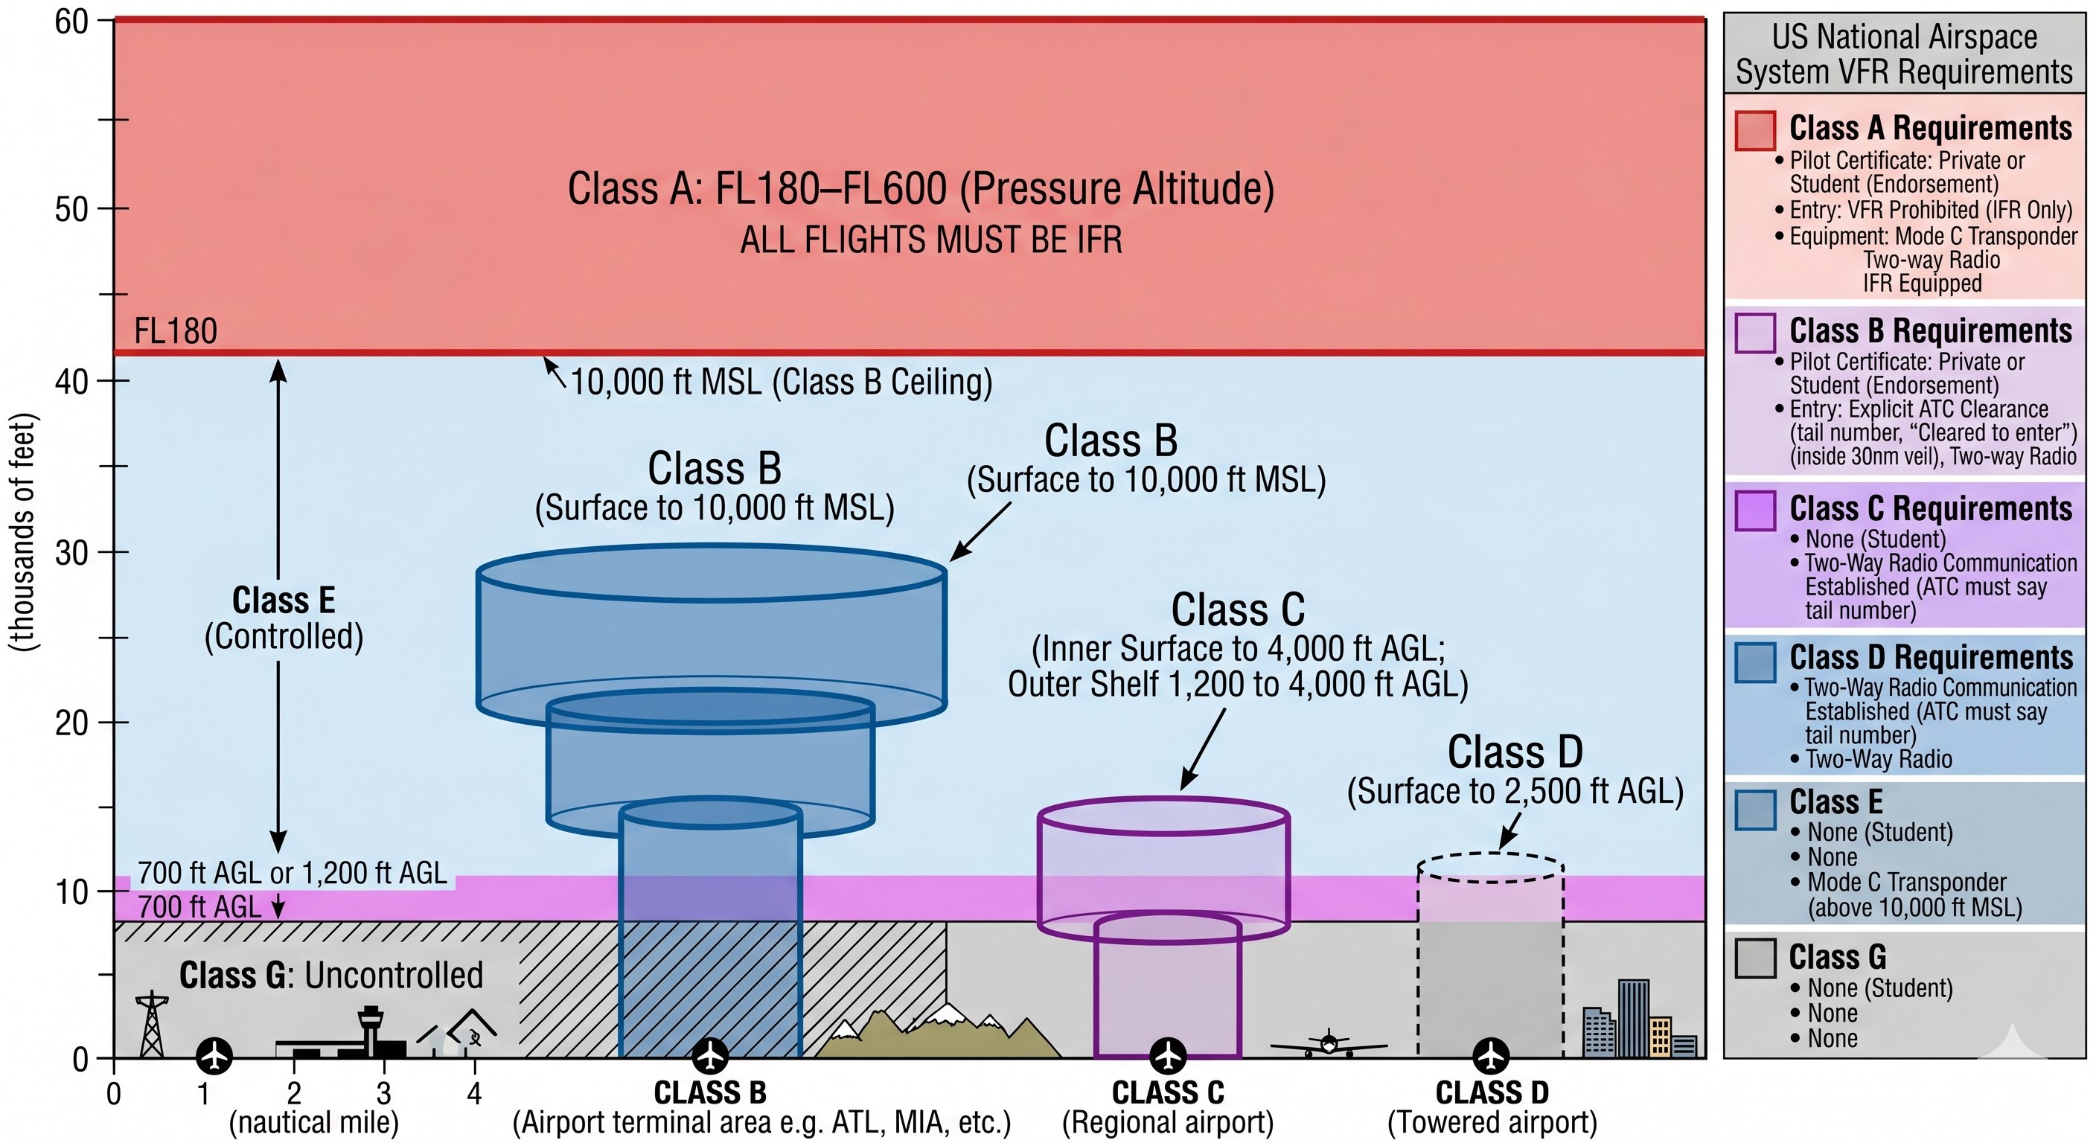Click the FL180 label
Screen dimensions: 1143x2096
pyautogui.click(x=175, y=331)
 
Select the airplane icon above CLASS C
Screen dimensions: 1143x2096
pyautogui.click(x=1169, y=1056)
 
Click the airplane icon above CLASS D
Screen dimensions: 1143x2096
pyautogui.click(x=1491, y=1056)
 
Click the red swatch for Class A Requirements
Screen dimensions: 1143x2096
pyautogui.click(x=1754, y=131)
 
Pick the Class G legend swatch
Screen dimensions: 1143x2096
pyautogui.click(x=1754, y=958)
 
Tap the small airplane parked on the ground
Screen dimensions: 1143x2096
pyautogui.click(x=1328, y=1045)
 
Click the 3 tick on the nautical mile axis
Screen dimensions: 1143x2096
pyautogui.click(x=383, y=1092)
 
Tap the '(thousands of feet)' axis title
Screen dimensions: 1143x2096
pyautogui.click(x=23, y=532)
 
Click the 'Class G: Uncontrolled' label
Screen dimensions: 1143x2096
pyautogui.click(x=330, y=975)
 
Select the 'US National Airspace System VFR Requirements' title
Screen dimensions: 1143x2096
pyautogui.click(x=1903, y=54)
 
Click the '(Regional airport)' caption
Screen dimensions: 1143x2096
pyautogui.click(x=1167, y=1122)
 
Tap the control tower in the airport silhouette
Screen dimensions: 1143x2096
pyautogui.click(x=370, y=1029)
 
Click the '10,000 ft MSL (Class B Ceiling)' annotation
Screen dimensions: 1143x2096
pyautogui.click(x=780, y=382)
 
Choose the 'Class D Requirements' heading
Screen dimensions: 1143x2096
pyautogui.click(x=1930, y=656)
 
